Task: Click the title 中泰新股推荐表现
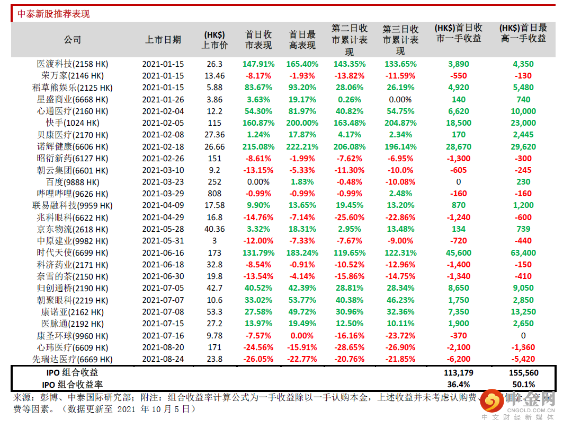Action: [x=53, y=14]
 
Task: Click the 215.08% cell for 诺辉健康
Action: [x=258, y=147]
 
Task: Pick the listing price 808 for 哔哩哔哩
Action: [x=215, y=194]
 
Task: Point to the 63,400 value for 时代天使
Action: [x=523, y=253]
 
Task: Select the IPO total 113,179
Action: [x=458, y=373]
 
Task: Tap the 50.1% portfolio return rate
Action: [x=523, y=384]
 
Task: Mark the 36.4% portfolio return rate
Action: [x=458, y=384]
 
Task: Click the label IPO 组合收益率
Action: [x=72, y=384]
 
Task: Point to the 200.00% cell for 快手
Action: [x=302, y=123]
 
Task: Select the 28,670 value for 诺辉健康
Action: [x=458, y=147]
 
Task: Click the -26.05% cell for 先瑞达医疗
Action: [x=258, y=359]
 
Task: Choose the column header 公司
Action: [x=73, y=40]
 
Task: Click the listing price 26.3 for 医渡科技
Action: [x=215, y=64]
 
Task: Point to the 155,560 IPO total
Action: [x=523, y=373]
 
